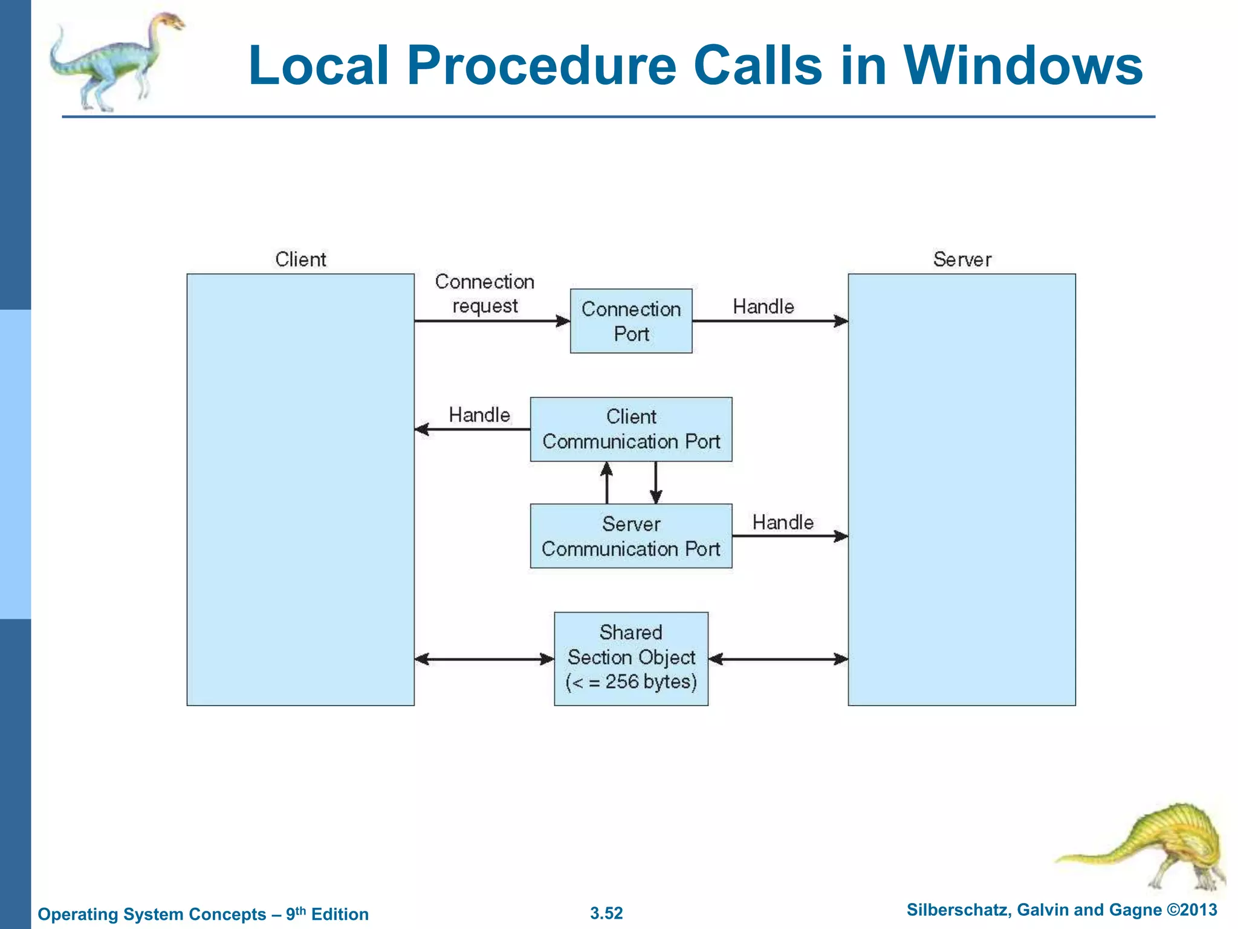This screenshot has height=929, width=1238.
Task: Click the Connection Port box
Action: (631, 321)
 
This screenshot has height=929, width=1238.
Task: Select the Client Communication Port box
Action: (631, 429)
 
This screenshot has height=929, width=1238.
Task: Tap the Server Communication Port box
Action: (631, 536)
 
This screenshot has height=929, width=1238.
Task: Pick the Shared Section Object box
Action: (631, 658)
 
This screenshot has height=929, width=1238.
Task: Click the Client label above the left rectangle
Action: (300, 259)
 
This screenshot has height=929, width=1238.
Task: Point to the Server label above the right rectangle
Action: (962, 259)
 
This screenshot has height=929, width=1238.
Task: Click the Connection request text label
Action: (485, 293)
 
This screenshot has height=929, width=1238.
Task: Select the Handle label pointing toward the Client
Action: (479, 415)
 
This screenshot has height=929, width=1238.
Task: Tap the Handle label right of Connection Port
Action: (763, 307)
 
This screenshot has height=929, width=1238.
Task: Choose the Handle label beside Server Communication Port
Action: (783, 522)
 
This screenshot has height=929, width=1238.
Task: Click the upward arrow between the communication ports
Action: (607, 482)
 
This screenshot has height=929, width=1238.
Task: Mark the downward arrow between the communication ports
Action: (656, 482)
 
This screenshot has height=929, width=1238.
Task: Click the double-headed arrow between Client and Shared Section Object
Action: (484, 659)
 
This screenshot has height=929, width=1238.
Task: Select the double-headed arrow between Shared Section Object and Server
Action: (778, 659)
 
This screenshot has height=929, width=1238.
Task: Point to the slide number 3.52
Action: (606, 913)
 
